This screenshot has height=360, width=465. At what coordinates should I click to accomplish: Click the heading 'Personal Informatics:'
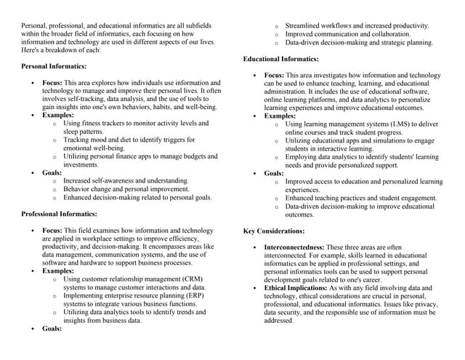pos(54,66)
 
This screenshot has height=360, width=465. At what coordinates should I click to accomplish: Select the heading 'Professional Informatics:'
pos(59,214)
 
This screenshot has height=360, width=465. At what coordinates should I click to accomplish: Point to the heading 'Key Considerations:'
pos(273,231)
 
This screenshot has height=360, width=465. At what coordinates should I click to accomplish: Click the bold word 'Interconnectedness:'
pos(294,247)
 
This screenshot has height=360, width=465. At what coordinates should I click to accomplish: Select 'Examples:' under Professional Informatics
pos(57,271)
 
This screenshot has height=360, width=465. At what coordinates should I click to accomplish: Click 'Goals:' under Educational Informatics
pos(274,173)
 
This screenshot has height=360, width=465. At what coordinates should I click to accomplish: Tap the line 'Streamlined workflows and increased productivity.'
pos(357,26)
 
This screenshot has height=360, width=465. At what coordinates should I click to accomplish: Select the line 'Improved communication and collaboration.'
pos(347,34)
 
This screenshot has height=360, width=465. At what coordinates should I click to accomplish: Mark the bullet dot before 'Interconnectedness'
pos(254,248)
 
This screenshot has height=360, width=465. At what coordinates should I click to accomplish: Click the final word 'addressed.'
pos(279,321)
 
